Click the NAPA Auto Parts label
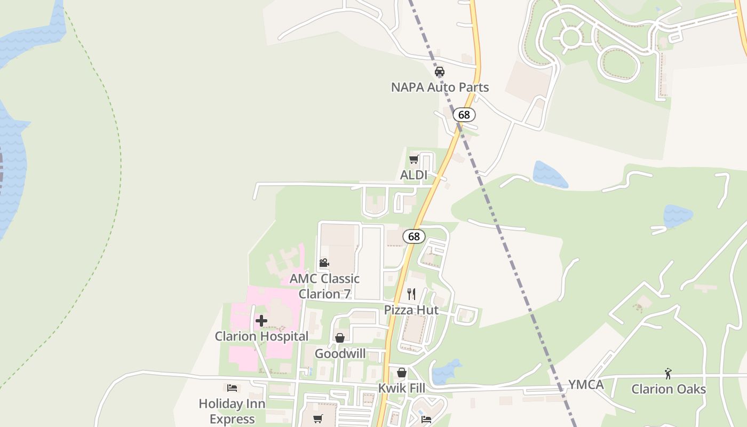[x=440, y=87]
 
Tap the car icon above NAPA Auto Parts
[x=440, y=72]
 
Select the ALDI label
[x=414, y=175]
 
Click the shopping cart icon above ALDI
[x=414, y=160]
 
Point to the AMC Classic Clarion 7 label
[x=324, y=286]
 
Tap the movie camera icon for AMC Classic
[x=324, y=263]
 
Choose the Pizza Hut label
[x=411, y=310]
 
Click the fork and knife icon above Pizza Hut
[x=411, y=294]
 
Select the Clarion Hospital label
[x=261, y=336]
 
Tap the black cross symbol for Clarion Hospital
[x=261, y=321]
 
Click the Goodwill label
[x=340, y=353]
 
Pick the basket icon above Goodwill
[x=340, y=338]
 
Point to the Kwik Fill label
[x=402, y=388]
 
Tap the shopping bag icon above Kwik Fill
[x=402, y=373]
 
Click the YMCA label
[x=586, y=385]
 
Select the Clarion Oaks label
[x=669, y=389]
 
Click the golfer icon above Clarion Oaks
[x=668, y=374]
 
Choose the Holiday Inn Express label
[x=232, y=411]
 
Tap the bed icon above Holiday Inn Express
[x=232, y=388]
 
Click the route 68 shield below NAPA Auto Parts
[x=464, y=115]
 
